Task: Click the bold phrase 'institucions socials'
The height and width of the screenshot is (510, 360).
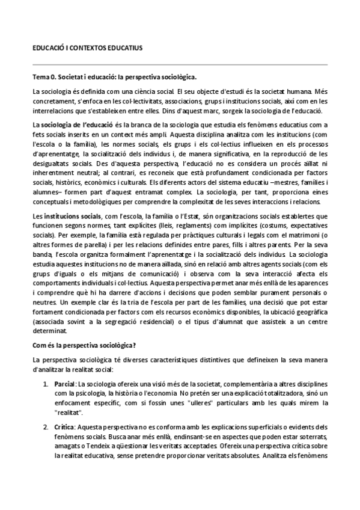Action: point(71,215)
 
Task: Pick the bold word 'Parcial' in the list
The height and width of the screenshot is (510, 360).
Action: point(65,383)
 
